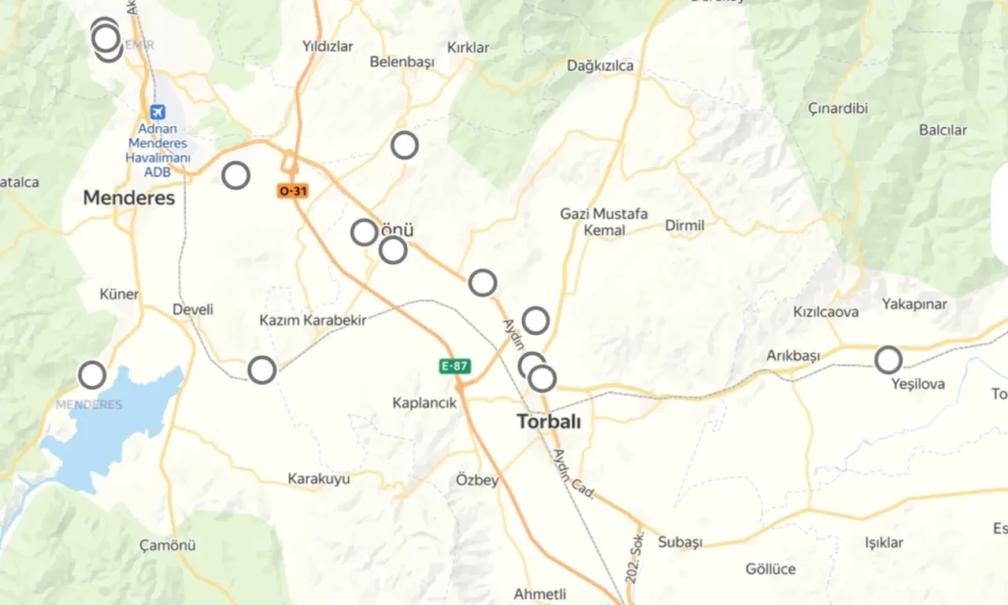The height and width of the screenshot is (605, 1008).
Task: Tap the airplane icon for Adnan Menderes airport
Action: coord(157,113)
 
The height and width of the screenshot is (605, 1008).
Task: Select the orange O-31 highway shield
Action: coord(291,191)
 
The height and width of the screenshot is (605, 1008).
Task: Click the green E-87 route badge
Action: coord(454,366)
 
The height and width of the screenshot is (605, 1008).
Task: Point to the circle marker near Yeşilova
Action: coord(888,360)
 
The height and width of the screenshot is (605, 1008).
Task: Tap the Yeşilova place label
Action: coord(918,384)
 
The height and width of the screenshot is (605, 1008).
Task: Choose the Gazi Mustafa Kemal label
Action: coord(604,222)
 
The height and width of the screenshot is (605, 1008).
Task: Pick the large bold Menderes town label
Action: coord(129,198)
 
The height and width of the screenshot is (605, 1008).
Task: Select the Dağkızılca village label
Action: coord(600,66)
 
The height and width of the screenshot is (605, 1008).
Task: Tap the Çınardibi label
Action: coord(838,109)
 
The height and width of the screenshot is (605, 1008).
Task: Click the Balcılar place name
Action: coord(943,130)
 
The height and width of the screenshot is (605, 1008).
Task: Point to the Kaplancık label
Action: coord(424,403)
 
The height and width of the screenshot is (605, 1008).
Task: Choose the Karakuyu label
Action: coord(318,478)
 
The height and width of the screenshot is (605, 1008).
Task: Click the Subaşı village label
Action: coord(680,543)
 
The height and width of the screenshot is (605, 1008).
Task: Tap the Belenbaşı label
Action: coord(402,62)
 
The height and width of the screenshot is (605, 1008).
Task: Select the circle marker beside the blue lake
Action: coord(92,375)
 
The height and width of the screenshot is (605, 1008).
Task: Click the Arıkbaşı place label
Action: coord(793,356)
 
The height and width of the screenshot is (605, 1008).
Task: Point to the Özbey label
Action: coord(477,480)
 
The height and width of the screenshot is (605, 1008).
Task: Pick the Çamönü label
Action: coord(168,545)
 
